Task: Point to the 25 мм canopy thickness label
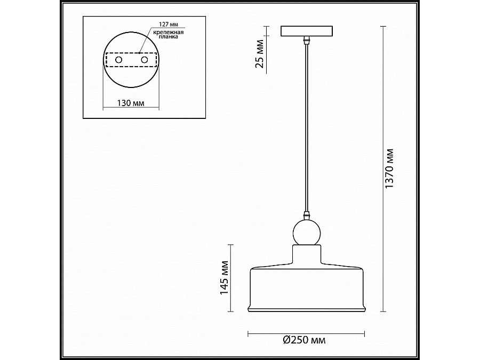[x=260, y=54]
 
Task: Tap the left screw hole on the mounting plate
[x=118, y=61]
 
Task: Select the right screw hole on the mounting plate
[x=143, y=61]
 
